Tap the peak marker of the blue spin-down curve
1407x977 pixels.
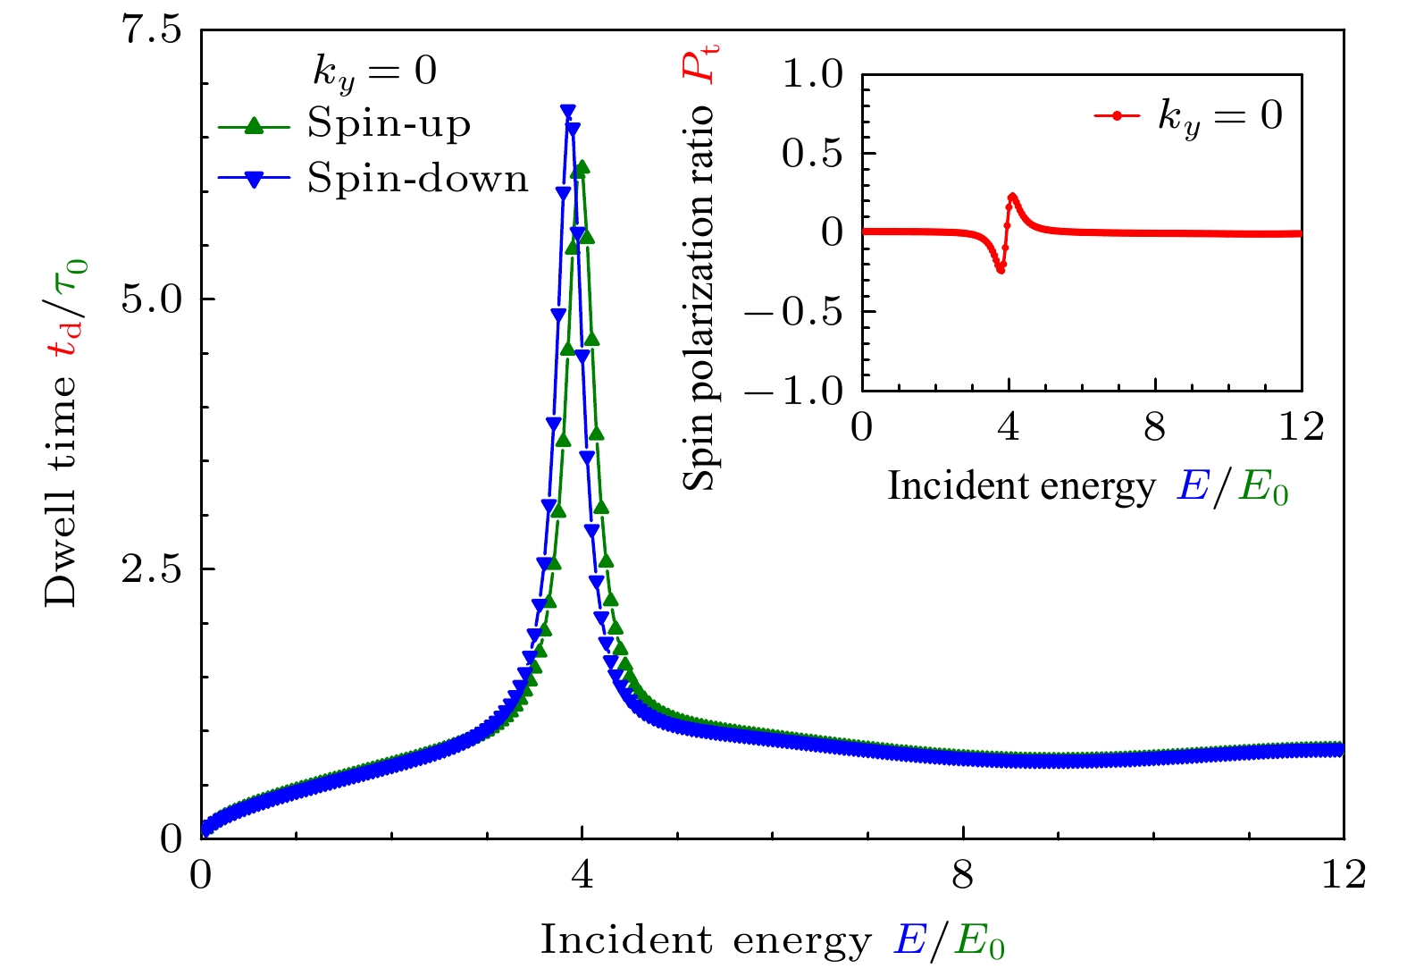[567, 111]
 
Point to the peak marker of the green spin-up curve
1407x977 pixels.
[582, 167]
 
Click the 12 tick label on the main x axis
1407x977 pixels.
[1344, 875]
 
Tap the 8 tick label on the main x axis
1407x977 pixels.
[962, 875]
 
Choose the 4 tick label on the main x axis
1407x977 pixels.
[582, 875]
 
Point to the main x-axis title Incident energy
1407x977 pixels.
[773, 942]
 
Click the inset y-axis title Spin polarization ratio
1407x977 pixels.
[700, 268]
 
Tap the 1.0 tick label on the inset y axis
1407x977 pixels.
[812, 74]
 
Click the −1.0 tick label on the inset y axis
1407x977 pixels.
[793, 391]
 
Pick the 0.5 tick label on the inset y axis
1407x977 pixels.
[812, 154]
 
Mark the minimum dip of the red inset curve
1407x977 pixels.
[1001, 269]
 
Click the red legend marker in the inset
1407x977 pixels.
[1117, 115]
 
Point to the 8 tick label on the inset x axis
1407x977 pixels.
[1155, 427]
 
